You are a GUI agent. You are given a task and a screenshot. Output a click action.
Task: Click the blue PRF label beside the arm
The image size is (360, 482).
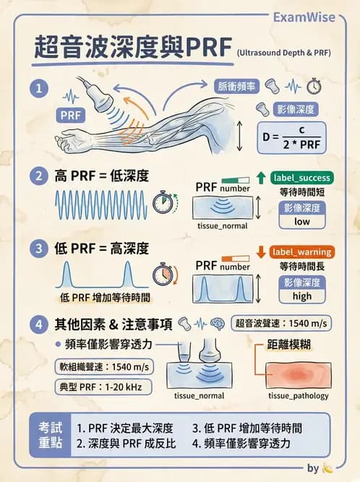pos(72,115)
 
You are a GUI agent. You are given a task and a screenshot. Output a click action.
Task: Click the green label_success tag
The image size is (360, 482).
pos(302,178)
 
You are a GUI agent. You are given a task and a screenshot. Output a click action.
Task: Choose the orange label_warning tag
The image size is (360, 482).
pos(302,252)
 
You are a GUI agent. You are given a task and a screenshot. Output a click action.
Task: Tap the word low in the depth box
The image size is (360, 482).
pos(302,222)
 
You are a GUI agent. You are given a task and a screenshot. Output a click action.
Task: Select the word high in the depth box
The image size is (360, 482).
pos(302,296)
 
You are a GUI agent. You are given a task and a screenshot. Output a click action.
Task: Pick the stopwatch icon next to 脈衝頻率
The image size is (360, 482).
pos(314,87)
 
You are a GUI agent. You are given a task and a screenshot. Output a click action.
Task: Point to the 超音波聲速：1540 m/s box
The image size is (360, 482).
pos(281,323)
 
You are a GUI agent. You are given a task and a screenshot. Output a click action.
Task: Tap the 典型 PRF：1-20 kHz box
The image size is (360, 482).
pos(104,387)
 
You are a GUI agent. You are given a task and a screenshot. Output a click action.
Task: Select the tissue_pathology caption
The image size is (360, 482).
pos(298,396)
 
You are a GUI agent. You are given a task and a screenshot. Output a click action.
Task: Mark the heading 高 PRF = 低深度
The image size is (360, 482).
pos(102,175)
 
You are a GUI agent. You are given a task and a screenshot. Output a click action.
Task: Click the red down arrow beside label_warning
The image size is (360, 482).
pos(261,252)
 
